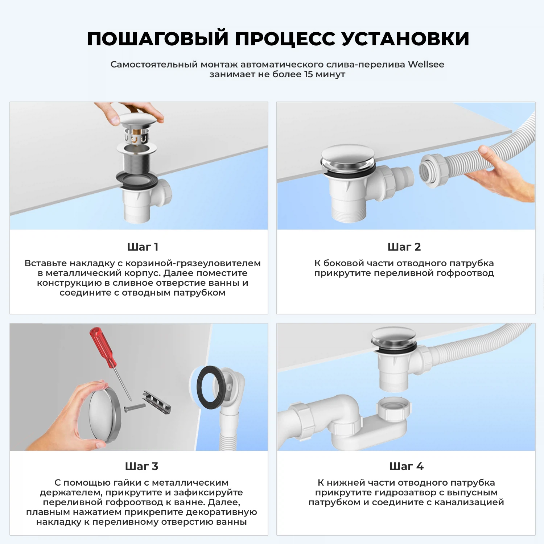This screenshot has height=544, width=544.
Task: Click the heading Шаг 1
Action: click(x=143, y=247)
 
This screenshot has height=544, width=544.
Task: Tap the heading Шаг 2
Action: click(x=404, y=247)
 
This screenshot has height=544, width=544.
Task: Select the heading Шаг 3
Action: click(x=141, y=466)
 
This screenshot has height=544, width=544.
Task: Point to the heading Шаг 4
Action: click(x=406, y=466)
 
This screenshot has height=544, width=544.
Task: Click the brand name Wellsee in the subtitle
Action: click(x=426, y=65)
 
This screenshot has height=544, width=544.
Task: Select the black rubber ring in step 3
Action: click(x=210, y=387)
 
